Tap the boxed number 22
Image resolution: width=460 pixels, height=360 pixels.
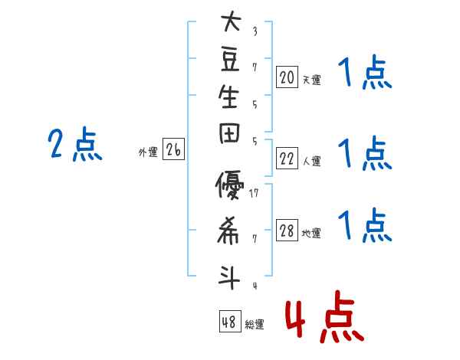tap(287, 158)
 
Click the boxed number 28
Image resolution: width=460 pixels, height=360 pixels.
tap(287, 231)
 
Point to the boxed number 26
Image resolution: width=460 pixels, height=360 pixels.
tap(173, 150)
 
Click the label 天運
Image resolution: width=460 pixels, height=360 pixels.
tap(311, 79)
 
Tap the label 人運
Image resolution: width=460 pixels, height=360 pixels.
tap(311, 161)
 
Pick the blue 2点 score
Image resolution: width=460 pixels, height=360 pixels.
tap(74, 145)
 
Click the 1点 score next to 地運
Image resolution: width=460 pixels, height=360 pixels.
tap(364, 226)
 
